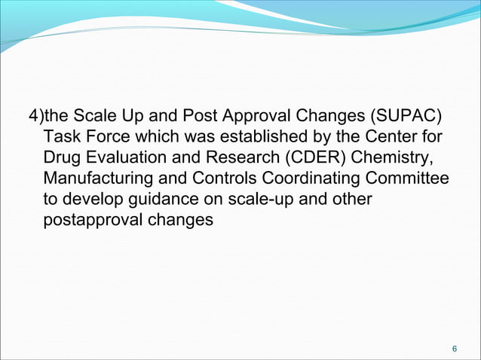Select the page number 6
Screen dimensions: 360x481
click(454, 349)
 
